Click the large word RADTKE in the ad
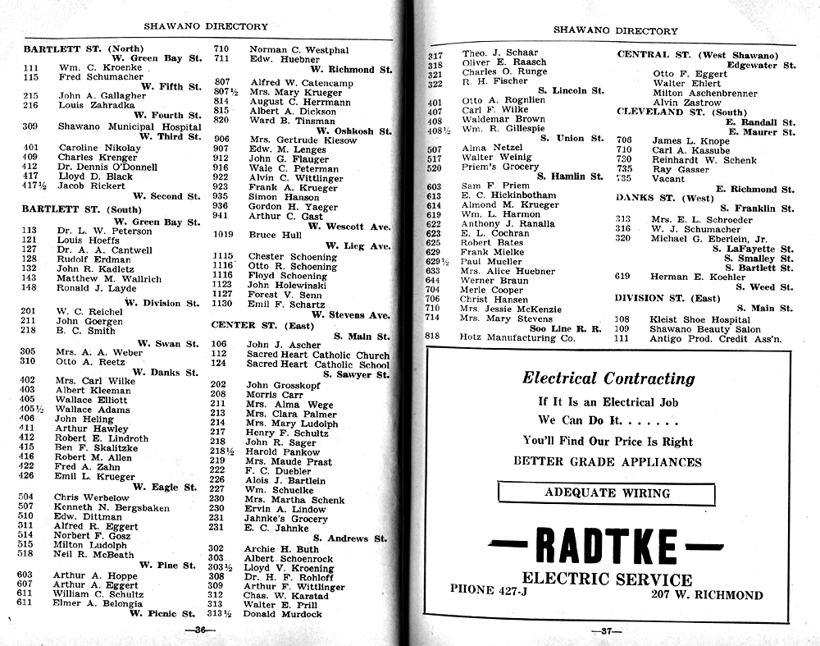tap(608, 546)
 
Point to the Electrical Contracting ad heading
tap(608, 378)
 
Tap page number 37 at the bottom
tap(607, 630)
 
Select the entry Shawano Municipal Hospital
tap(130, 126)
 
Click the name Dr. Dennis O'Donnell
tap(107, 166)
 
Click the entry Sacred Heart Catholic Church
tap(318, 355)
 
